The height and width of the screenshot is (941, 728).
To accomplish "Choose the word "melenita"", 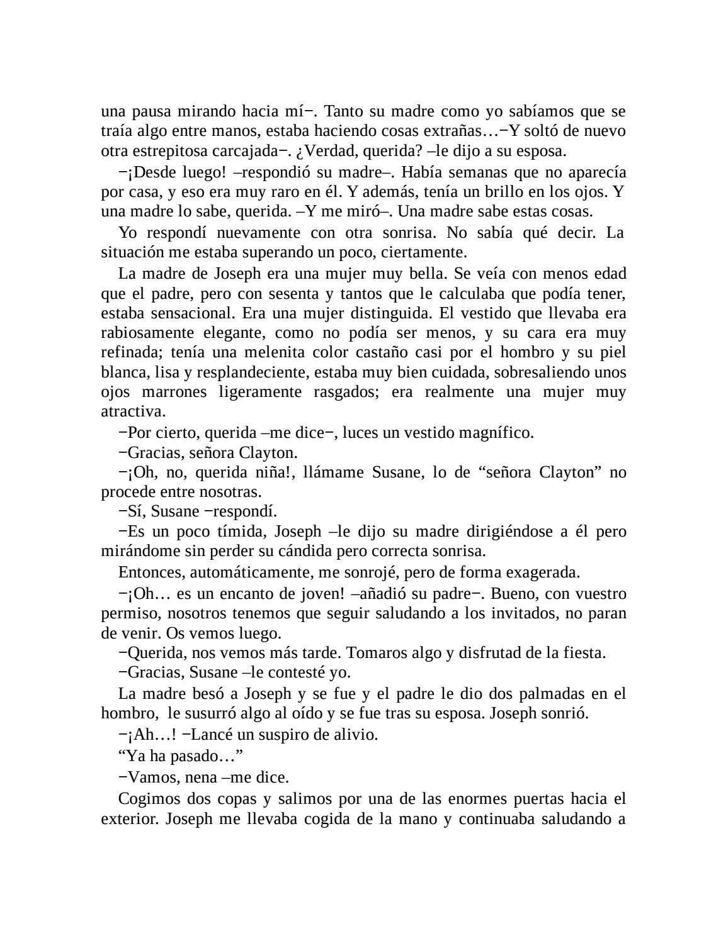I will pyautogui.click(x=258, y=352).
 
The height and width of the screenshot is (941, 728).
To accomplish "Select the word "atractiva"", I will pyautogui.click(x=132, y=412).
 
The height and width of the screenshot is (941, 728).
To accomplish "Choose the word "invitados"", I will pyautogui.click(x=525, y=613).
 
